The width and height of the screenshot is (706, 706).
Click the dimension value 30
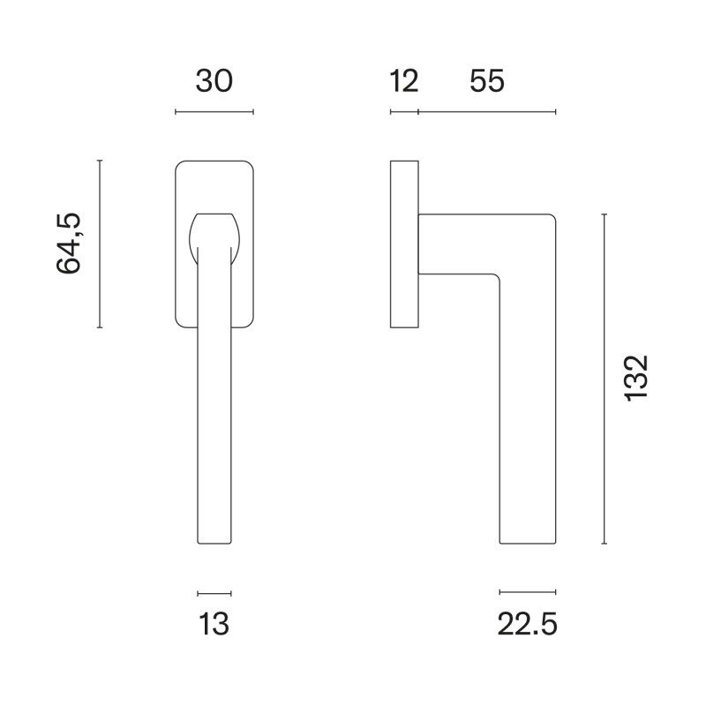click(x=214, y=81)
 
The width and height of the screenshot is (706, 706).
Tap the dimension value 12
click(x=404, y=81)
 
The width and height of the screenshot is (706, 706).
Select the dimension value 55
click(x=487, y=81)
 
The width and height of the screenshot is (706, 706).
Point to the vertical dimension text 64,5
click(x=69, y=244)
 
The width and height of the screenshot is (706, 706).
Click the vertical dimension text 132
click(x=636, y=379)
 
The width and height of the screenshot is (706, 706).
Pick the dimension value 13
click(x=214, y=624)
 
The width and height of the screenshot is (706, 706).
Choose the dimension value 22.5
click(x=527, y=625)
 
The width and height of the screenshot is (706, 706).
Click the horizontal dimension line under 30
click(x=214, y=112)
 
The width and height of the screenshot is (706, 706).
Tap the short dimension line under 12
click(x=404, y=112)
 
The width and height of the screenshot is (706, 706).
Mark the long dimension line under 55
click(x=487, y=112)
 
